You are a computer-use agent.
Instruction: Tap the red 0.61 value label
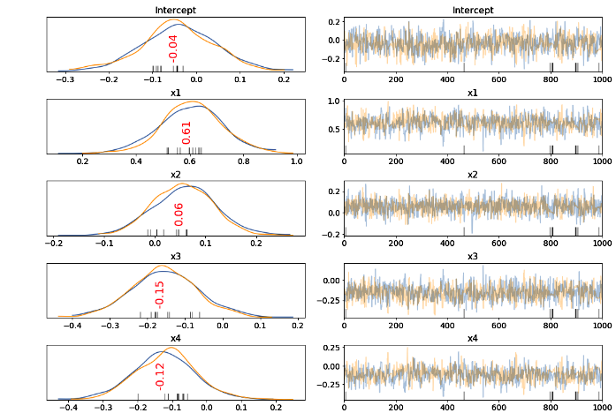(x=186, y=132)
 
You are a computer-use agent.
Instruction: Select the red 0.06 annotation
(x=178, y=214)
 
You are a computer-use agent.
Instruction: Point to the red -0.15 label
(x=160, y=294)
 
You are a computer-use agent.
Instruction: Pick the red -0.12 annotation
(x=160, y=375)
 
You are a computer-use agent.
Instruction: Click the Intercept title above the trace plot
(x=472, y=11)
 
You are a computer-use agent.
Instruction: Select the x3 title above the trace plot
(x=472, y=255)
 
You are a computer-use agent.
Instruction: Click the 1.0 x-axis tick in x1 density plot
(x=296, y=162)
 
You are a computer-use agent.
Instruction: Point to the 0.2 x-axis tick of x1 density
(x=83, y=162)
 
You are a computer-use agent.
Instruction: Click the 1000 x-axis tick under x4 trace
(x=601, y=406)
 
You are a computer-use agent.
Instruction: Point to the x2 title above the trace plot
(x=472, y=174)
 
